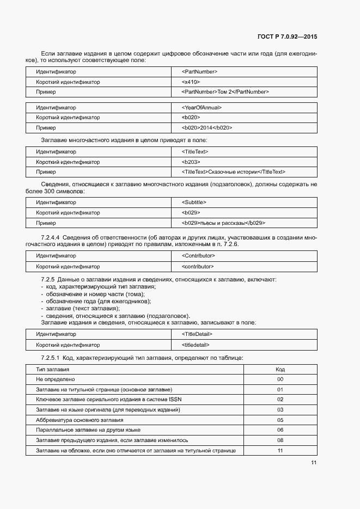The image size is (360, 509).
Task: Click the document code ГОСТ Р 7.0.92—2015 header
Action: [x=286, y=37]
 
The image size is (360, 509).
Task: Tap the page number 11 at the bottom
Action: [x=314, y=463]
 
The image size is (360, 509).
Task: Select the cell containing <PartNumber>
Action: [x=199, y=72]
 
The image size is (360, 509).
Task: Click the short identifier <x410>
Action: [x=191, y=82]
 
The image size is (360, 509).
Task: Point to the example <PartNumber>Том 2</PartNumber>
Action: [x=225, y=92]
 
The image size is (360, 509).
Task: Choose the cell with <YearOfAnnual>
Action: [x=202, y=107]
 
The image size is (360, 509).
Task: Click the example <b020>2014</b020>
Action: [x=207, y=128]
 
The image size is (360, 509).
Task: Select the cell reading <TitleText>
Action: [x=195, y=152]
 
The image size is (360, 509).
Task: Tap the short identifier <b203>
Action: [x=191, y=162]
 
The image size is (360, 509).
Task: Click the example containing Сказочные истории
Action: [x=234, y=172]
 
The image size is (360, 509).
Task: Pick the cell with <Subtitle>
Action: [x=194, y=203]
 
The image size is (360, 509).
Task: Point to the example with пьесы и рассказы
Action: [x=223, y=223]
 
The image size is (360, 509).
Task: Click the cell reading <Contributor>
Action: [x=198, y=256]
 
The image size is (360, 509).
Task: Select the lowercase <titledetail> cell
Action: [x=196, y=345]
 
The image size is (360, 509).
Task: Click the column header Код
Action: [x=280, y=369]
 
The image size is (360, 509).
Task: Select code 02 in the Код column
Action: [x=280, y=400]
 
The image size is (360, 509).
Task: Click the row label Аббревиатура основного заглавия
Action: [x=80, y=420]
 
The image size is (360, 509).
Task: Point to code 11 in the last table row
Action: [x=280, y=451]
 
